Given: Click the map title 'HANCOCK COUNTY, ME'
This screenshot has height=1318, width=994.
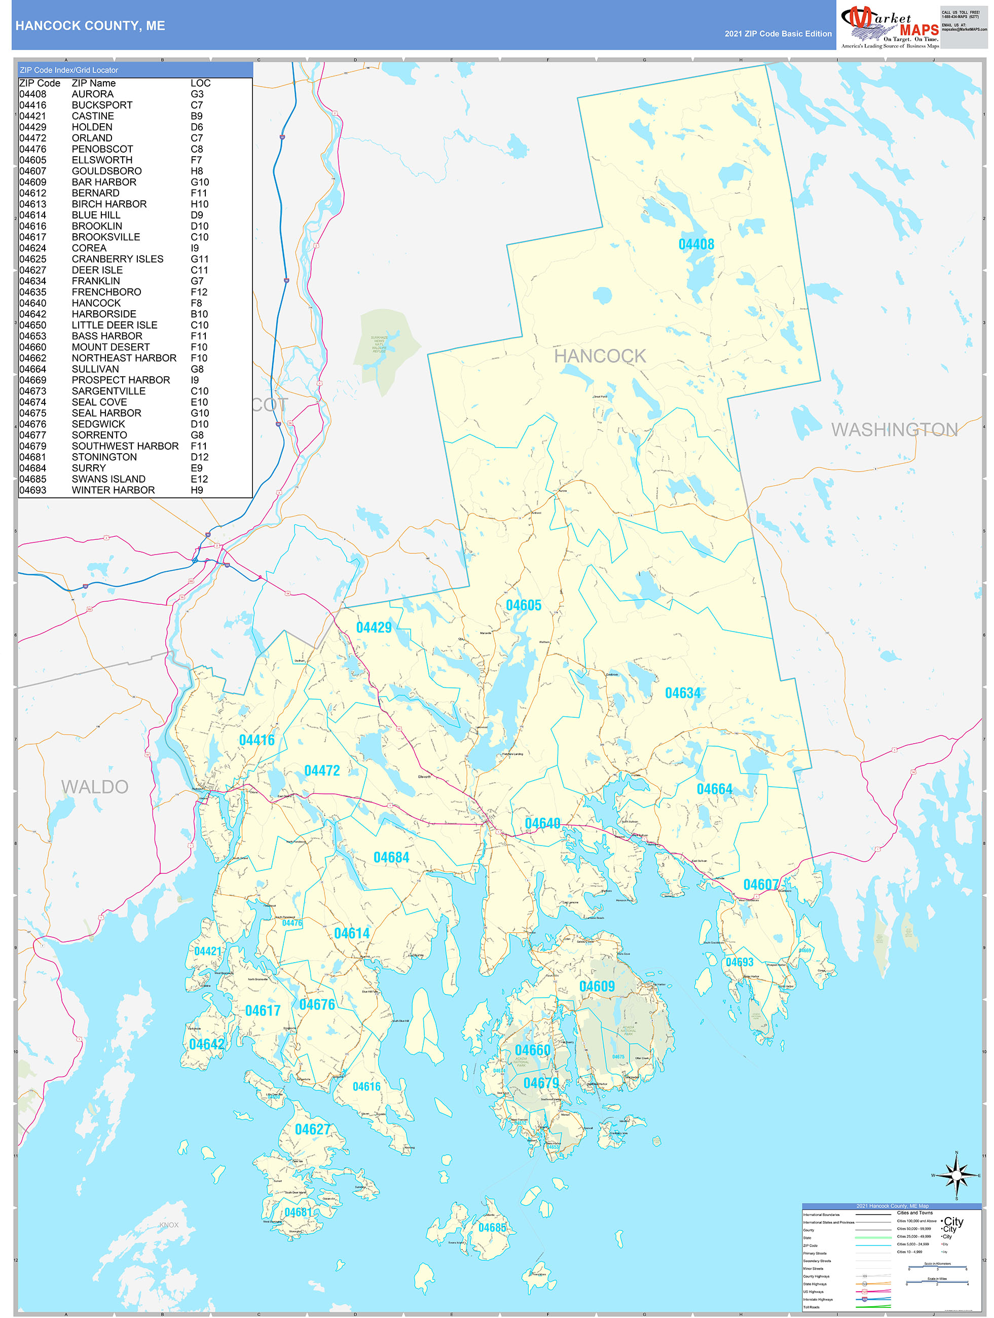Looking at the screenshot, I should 90,26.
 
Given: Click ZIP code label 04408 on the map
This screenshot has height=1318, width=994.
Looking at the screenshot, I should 696,244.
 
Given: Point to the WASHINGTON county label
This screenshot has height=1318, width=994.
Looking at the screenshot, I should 894,429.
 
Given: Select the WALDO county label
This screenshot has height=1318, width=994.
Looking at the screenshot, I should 95,787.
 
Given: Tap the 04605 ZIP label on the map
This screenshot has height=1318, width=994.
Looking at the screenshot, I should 523,605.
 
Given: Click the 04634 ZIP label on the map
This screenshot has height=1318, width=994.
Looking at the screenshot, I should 682,693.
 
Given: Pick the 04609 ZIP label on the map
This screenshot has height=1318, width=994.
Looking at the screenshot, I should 597,986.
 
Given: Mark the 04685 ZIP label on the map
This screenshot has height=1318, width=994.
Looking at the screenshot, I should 492,1227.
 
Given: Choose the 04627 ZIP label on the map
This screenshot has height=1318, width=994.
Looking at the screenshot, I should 312,1129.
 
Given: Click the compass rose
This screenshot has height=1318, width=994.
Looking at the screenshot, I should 956,1175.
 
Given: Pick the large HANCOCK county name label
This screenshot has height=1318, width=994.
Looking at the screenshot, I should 600,356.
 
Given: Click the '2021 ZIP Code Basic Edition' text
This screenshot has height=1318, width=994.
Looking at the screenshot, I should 778,34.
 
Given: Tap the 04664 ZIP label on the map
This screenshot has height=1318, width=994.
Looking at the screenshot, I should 714,789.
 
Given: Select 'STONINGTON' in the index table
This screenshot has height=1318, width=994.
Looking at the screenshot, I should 104,457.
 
